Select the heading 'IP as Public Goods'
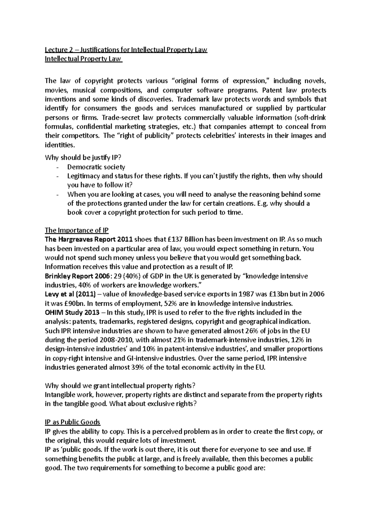[x=73, y=422]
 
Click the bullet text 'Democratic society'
[x=96, y=167]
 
